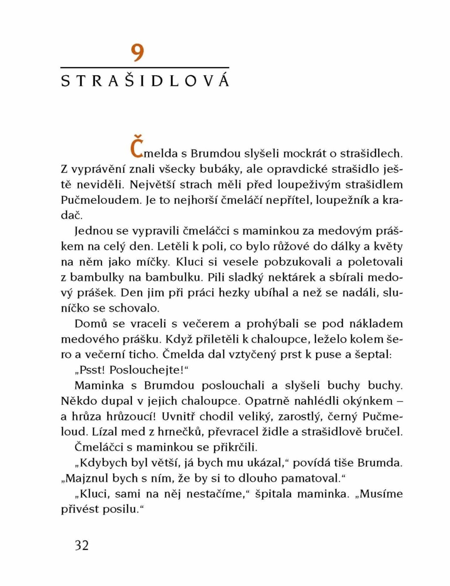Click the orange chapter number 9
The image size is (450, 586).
point(138,52)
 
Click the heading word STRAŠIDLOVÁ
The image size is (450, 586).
point(145,81)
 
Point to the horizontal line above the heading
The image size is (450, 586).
point(145,68)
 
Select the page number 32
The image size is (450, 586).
point(82,545)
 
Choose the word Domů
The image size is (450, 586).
point(91,324)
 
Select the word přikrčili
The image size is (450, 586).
point(235,447)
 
